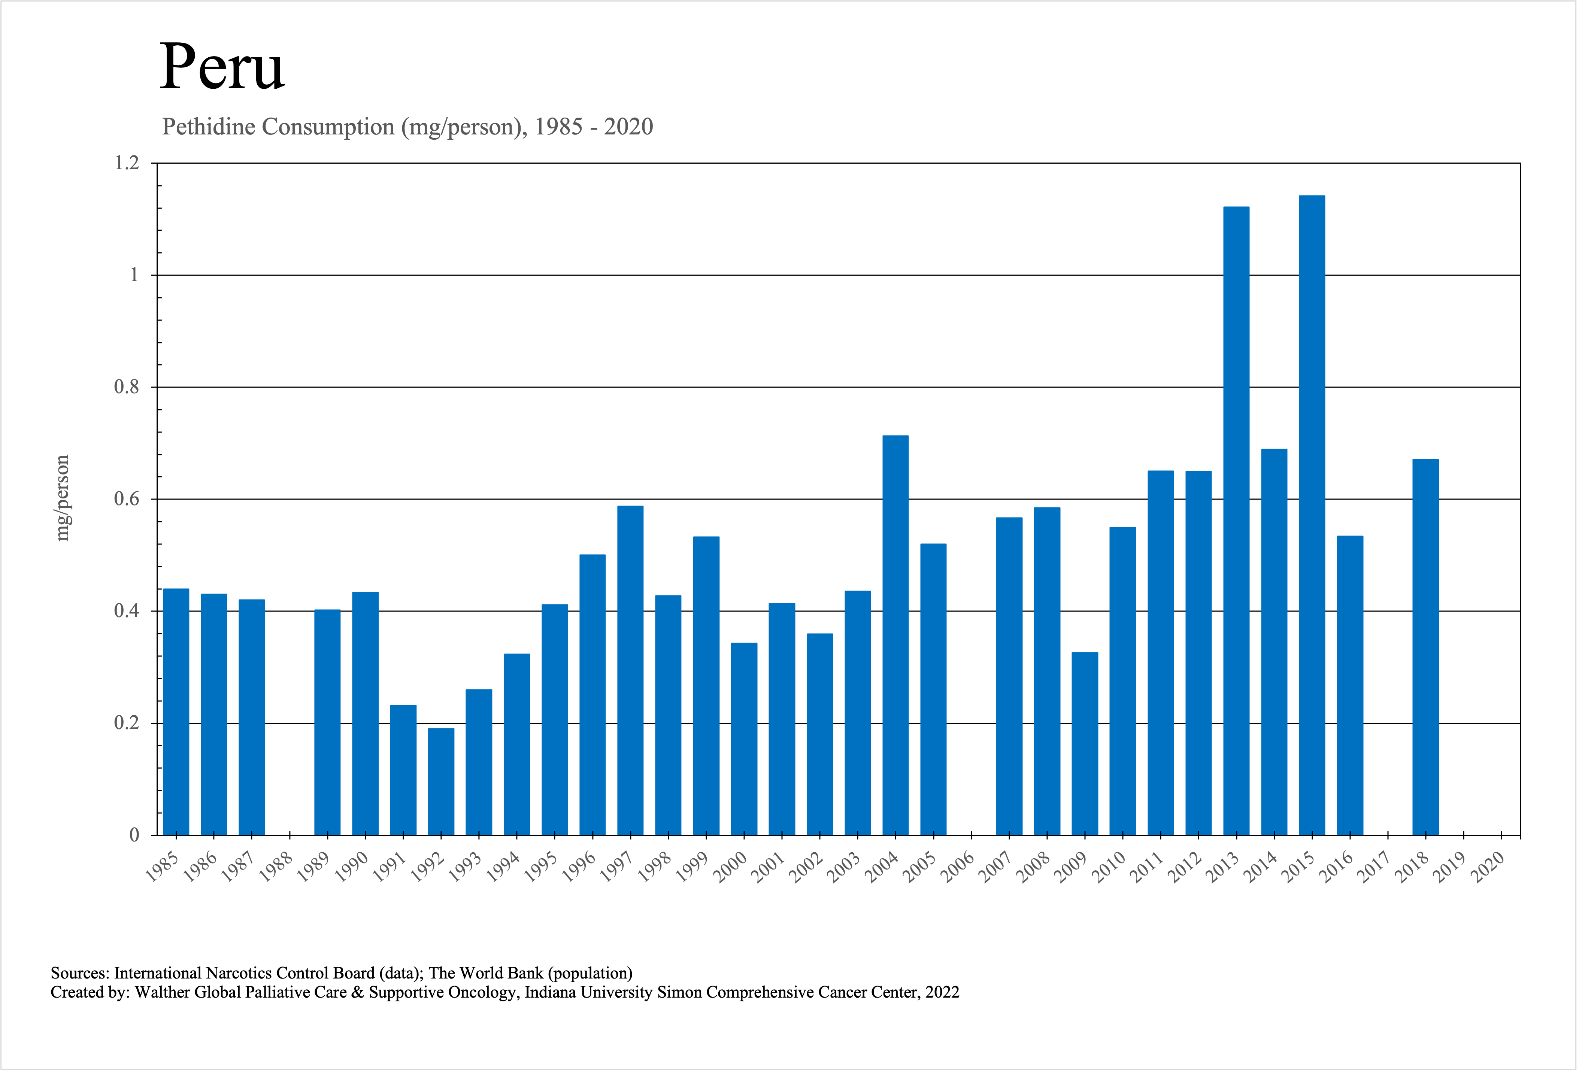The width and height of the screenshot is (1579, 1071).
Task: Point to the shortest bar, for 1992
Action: [441, 781]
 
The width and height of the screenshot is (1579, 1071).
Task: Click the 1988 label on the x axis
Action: [276, 868]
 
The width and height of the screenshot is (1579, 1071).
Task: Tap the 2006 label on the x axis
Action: [958, 868]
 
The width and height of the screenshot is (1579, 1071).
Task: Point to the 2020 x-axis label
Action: [1488, 868]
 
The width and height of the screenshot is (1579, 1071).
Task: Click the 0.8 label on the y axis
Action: [126, 387]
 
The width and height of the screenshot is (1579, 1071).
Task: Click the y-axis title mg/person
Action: [63, 498]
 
